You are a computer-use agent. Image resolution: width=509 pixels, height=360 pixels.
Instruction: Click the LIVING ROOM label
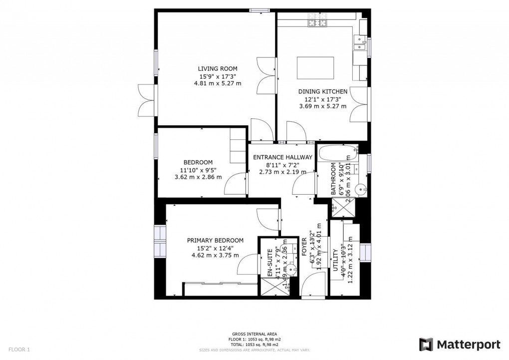[217, 69]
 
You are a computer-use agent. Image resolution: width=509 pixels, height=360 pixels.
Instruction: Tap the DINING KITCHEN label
[322, 92]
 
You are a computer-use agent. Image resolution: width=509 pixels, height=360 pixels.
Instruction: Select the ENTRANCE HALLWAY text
[282, 157]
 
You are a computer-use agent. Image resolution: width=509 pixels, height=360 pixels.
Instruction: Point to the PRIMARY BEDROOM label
[215, 240]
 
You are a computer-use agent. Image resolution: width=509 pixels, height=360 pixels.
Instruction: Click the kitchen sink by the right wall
[360, 43]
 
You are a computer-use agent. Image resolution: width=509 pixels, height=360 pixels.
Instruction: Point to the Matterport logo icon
[426, 344]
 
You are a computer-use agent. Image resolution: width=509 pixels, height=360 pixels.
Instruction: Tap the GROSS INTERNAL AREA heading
[254, 334]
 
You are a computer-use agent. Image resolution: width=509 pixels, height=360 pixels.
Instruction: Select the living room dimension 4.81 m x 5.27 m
[217, 83]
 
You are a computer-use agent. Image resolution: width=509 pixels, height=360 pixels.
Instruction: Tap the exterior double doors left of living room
[146, 101]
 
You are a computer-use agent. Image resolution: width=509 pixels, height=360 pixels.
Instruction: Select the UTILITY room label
[336, 262]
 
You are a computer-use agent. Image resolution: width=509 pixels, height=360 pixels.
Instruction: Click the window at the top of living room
[259, 10]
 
